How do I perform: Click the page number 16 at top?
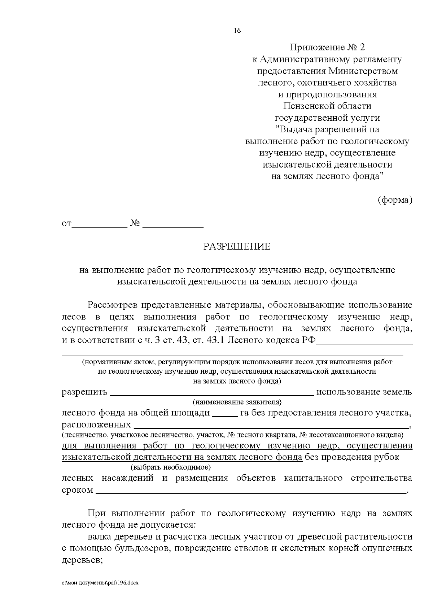(x=237, y=31)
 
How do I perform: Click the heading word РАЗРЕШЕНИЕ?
(x=237, y=247)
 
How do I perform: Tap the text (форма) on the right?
(x=395, y=200)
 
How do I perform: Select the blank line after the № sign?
(x=173, y=226)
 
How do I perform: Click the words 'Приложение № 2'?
(x=327, y=47)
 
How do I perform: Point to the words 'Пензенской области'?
(x=327, y=106)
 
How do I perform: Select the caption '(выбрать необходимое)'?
(x=171, y=468)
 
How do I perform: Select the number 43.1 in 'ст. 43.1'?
(x=216, y=341)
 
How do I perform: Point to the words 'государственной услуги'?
(x=327, y=118)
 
